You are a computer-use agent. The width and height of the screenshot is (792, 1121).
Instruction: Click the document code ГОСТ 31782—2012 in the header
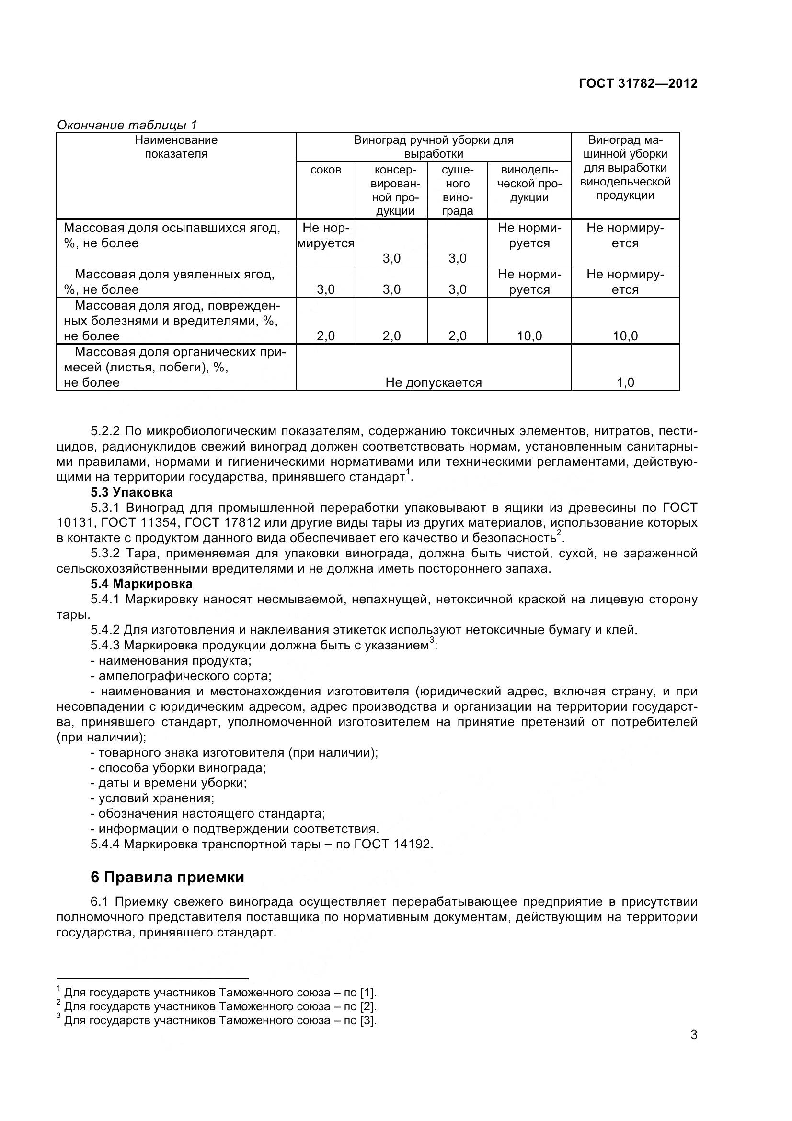(638, 83)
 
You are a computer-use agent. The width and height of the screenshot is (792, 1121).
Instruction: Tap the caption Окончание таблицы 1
(127, 125)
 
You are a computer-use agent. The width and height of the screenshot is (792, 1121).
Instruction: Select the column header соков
(325, 170)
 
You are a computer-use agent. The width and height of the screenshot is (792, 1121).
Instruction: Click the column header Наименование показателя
(176, 147)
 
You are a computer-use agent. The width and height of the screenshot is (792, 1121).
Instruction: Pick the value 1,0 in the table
(625, 382)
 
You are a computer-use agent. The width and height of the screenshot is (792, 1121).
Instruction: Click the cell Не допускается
(433, 382)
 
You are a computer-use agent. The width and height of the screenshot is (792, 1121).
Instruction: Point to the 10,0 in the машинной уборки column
(625, 336)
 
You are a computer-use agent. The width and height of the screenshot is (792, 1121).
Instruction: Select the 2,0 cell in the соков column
(325, 336)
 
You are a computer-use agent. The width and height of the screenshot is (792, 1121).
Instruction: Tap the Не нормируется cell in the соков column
(325, 235)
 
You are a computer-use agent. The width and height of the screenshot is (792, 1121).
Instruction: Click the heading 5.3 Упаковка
(132, 492)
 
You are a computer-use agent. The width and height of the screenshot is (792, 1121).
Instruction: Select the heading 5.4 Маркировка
(141, 584)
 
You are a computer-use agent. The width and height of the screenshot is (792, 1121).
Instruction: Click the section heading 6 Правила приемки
(167, 878)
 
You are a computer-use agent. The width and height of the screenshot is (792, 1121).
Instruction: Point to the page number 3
(694, 1048)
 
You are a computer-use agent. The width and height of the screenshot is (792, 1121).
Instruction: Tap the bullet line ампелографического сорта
(184, 676)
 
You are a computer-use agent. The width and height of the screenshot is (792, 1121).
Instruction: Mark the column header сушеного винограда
(457, 190)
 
